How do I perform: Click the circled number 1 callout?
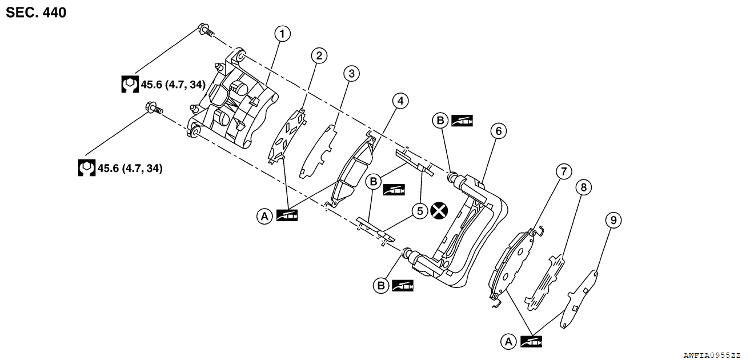coord(282,34)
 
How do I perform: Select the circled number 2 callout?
coord(319,55)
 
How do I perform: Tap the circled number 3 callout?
coord(351,73)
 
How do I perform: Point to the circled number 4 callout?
coord(400,101)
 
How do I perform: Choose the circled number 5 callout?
coord(420,211)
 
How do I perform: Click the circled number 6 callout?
coord(498,131)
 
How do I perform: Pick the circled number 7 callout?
coord(563,171)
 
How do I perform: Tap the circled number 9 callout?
coord(613,220)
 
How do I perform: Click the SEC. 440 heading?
coord(36,13)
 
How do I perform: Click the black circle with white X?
coord(439,210)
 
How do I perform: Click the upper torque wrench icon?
coord(130,85)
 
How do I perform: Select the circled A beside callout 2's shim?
coord(264,216)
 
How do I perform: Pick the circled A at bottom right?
coord(508,341)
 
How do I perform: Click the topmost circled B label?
coord(440,121)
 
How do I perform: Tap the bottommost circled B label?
coord(380,285)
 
